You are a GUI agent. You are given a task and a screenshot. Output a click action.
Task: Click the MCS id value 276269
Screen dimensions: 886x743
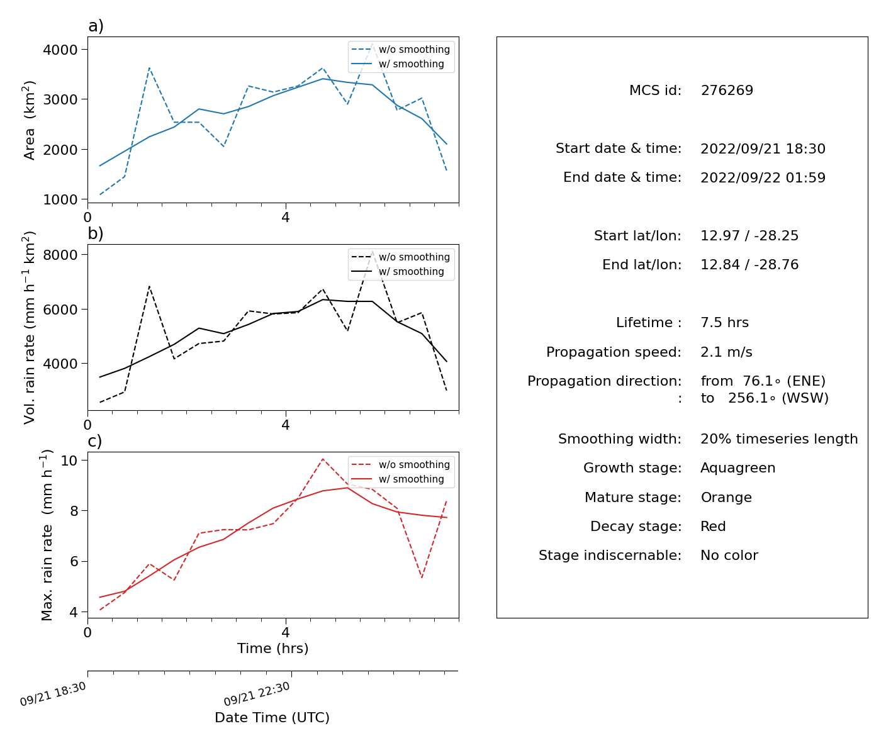[727, 91]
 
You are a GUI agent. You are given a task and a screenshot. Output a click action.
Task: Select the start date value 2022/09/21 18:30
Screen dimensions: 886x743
[763, 148]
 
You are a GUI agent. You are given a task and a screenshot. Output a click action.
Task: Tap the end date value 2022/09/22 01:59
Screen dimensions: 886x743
[763, 177]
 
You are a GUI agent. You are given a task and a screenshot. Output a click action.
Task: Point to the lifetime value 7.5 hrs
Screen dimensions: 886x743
[724, 323]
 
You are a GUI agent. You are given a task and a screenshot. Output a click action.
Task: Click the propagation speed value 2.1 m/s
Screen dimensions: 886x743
[726, 352]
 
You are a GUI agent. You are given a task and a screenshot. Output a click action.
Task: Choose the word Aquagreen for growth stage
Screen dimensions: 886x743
[738, 468]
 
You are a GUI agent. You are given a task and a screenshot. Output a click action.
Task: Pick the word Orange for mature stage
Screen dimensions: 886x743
[726, 497]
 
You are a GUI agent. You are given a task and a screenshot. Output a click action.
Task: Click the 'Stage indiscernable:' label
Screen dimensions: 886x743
[610, 555]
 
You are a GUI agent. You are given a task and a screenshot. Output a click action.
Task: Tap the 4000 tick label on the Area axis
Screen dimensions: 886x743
[60, 50]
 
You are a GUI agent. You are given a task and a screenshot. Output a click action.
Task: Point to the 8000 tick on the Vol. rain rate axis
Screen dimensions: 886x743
[60, 255]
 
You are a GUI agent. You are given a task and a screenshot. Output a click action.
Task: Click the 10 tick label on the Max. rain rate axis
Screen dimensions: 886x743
[69, 461]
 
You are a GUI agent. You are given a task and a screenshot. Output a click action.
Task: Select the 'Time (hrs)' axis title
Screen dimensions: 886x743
[272, 649]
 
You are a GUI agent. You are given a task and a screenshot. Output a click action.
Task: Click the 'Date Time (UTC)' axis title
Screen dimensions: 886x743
[272, 718]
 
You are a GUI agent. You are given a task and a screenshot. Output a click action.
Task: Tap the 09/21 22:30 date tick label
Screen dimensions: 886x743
[257, 694]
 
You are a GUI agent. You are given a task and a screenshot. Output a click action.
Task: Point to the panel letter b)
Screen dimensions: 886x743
[96, 233]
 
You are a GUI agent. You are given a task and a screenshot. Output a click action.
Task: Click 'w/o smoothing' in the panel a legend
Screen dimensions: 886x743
[414, 49]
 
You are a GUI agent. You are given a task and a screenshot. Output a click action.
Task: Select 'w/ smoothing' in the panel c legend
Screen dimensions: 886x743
[411, 479]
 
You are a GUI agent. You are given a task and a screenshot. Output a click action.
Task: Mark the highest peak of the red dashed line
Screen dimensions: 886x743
[322, 459]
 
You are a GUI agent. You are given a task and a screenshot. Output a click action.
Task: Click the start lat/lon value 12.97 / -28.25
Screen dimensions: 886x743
[749, 235]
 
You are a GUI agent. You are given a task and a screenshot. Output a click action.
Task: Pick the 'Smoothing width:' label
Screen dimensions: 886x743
[620, 439]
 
